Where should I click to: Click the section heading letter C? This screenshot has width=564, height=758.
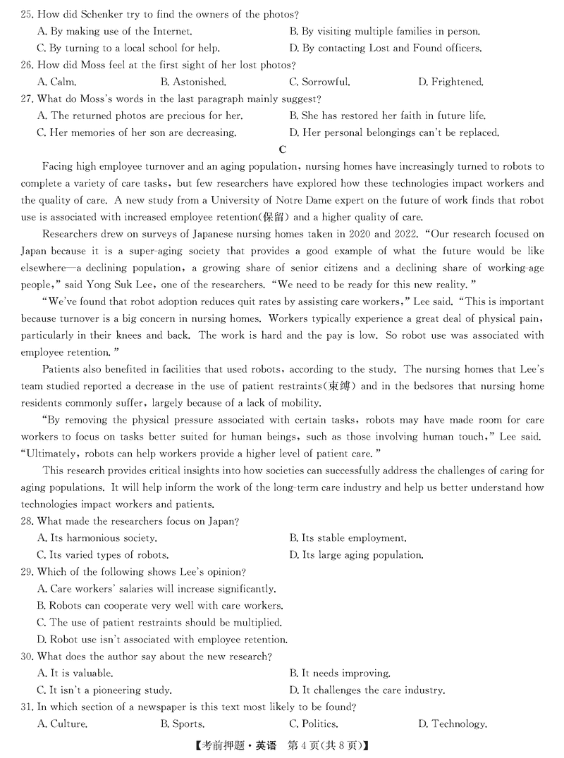point(283,149)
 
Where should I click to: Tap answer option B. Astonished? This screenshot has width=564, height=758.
point(192,82)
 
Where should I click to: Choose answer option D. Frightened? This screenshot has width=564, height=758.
point(450,82)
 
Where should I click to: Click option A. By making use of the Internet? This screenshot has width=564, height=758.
point(114,31)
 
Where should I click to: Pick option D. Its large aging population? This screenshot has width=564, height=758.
point(356,555)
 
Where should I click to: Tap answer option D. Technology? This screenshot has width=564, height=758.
point(452,724)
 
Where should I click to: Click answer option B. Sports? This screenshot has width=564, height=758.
point(183,724)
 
